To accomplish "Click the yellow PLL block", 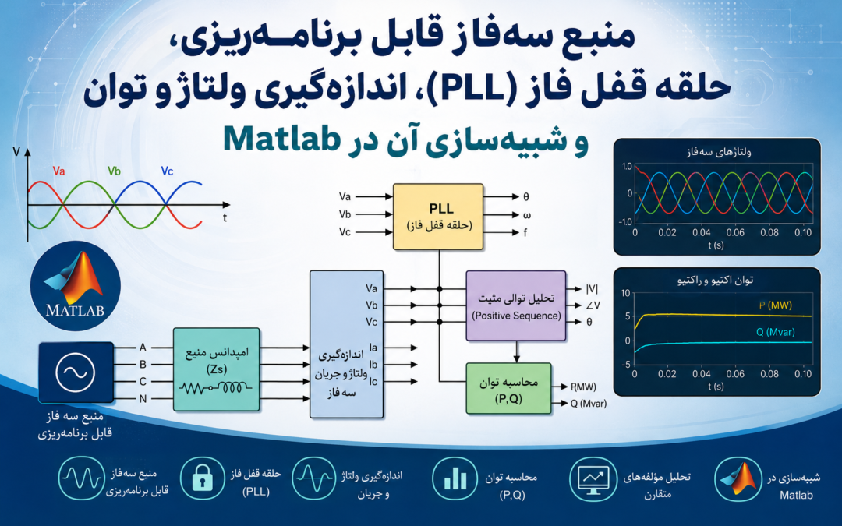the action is [438, 217].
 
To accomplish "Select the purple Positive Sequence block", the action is [516, 306].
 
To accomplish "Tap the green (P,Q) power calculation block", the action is [508, 389].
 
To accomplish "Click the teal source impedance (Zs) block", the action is [217, 369].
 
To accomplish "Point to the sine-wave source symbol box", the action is [76, 372].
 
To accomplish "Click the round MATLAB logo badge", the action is [75, 286].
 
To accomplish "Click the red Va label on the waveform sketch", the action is [59, 171].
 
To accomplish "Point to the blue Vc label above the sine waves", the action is [167, 171].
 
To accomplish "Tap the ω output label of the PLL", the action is [527, 215].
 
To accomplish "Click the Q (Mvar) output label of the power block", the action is [589, 403].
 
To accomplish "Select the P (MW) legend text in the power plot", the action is [776, 305].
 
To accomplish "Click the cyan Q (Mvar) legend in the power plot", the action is [776, 332].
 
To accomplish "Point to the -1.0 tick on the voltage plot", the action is [624, 221].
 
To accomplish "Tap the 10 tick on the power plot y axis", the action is [625, 293].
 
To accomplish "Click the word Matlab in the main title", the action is [281, 139].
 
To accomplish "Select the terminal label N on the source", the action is [143, 399].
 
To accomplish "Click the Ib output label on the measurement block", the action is [373, 365].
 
